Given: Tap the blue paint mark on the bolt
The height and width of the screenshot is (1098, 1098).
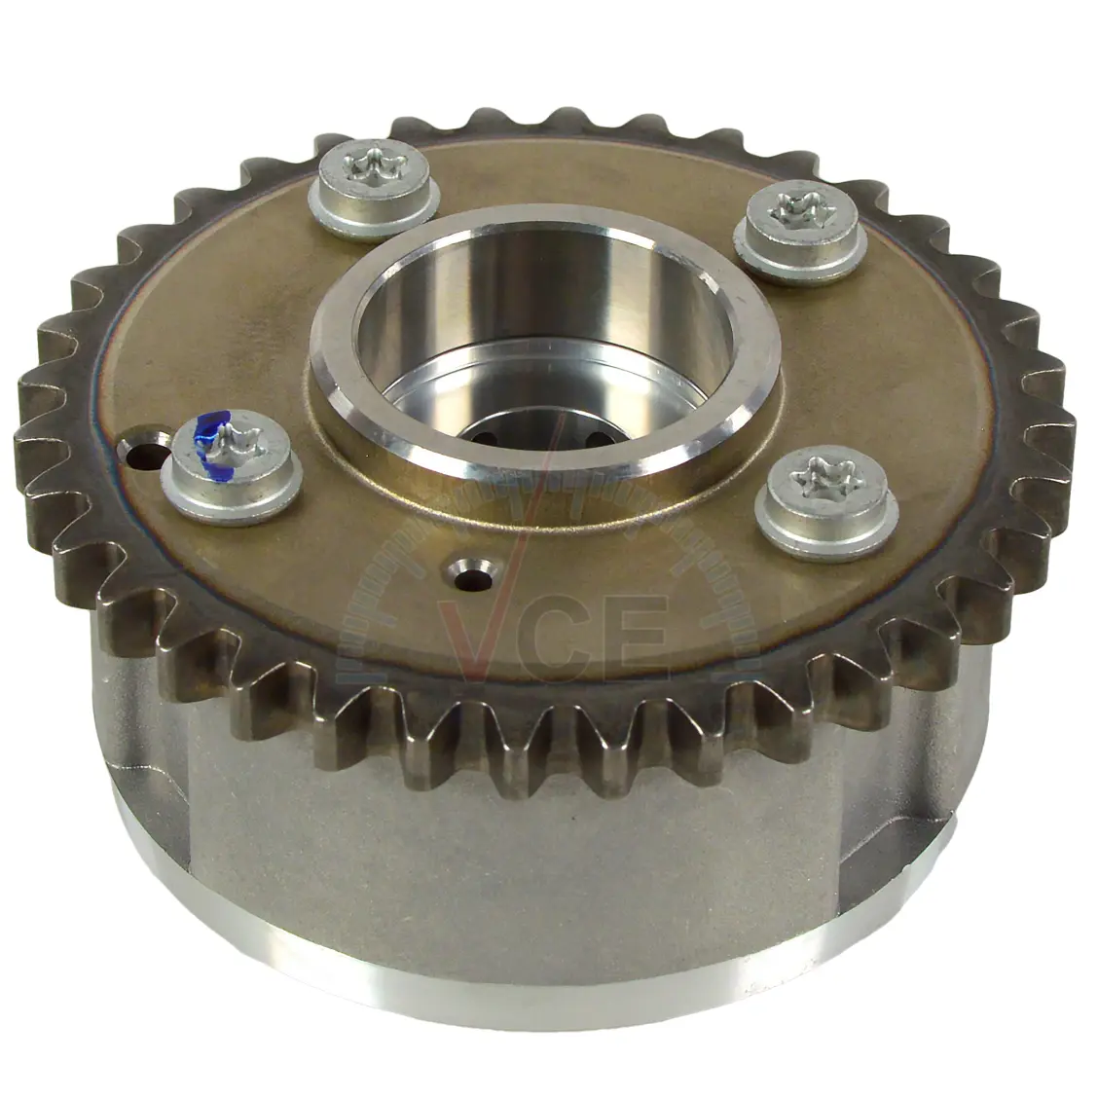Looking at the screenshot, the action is tap(211, 439).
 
